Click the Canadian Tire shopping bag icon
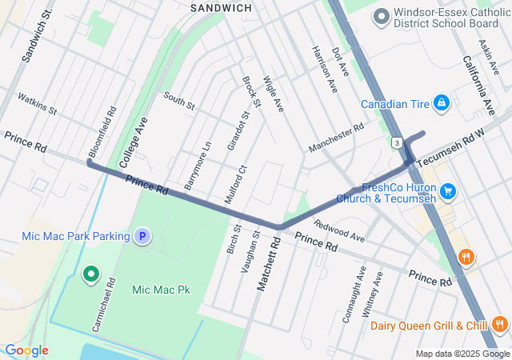[440, 103]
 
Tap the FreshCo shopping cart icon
[448, 191]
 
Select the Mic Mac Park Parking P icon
[142, 236]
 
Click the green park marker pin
[91, 275]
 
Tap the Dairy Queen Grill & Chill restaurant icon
[500, 325]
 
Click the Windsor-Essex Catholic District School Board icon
[381, 16]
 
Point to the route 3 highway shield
[397, 142]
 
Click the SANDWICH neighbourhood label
[221, 7]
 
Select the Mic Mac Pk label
[162, 289]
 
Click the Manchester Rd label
[336, 137]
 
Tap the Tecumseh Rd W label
[450, 146]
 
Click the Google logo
[26, 350]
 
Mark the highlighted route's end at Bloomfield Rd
[90, 164]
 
